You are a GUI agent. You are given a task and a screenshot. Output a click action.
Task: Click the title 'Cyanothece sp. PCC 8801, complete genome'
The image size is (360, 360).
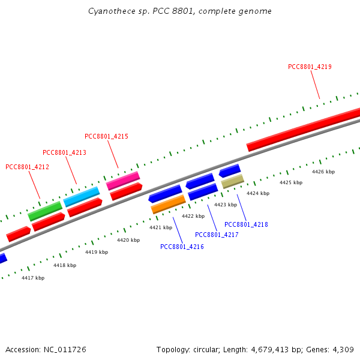point(180,11)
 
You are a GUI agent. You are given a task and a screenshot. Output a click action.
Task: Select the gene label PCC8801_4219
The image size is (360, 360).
point(310,67)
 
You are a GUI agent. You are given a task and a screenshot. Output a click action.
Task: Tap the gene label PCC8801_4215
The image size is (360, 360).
point(106,137)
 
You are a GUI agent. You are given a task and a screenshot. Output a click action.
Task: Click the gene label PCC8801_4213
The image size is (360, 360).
point(64,152)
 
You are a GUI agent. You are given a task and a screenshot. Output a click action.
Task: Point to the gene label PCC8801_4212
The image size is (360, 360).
point(27,167)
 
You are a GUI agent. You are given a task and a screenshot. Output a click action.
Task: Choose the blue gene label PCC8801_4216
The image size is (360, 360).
point(182,247)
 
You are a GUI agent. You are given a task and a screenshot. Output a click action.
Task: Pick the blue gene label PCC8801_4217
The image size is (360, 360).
point(217,235)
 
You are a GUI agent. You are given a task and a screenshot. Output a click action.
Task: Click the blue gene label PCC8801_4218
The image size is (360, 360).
point(246,224)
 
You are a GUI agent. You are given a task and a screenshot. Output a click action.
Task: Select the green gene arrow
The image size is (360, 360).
point(45,211)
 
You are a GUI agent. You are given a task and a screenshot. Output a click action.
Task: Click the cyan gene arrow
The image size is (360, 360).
point(81,196)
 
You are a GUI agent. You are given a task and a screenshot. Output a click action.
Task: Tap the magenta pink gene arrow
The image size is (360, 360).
point(123,180)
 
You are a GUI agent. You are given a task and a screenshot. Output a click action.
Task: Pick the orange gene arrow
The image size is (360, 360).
point(168,204)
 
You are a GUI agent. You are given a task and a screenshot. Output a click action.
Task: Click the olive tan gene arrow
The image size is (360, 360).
point(232,181)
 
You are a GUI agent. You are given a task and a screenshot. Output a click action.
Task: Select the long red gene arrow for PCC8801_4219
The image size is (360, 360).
point(303,128)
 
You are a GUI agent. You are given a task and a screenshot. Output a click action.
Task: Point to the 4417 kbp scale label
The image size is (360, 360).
point(33,278)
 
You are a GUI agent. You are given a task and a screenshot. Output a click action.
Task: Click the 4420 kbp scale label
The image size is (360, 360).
point(128,240)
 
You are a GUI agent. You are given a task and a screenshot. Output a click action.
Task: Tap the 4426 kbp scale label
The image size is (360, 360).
point(323,172)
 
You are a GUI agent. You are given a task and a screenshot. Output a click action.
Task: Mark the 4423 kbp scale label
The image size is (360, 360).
point(225,205)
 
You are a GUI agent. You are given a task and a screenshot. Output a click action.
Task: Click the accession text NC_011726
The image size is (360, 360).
point(46,349)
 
